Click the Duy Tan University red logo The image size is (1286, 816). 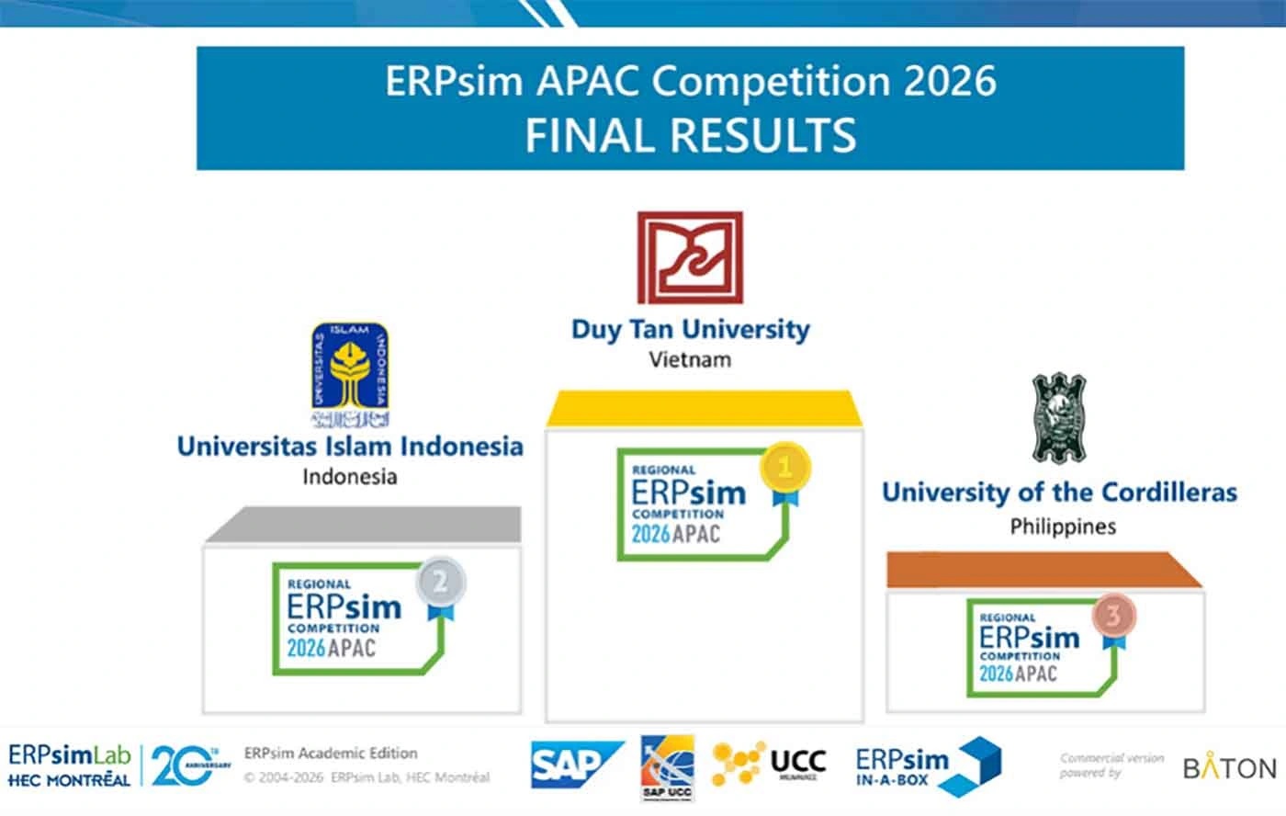point(690,258)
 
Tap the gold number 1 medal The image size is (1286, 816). point(784,468)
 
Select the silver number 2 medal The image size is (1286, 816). point(440,583)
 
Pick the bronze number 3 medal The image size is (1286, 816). point(1112,616)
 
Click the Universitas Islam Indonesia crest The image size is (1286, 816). point(349,375)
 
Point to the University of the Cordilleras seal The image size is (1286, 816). point(1059,417)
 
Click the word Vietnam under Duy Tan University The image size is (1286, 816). point(690,359)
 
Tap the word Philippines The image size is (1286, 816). point(1063,527)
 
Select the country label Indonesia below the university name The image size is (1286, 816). point(349,476)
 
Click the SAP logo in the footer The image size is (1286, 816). point(576,765)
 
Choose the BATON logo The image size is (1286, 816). point(1229,767)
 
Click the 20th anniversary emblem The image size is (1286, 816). point(187,765)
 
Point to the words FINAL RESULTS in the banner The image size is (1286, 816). point(690,134)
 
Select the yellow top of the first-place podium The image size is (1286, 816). point(705,409)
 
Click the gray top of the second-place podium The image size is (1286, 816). point(363,525)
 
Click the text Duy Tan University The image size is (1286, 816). point(690,329)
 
